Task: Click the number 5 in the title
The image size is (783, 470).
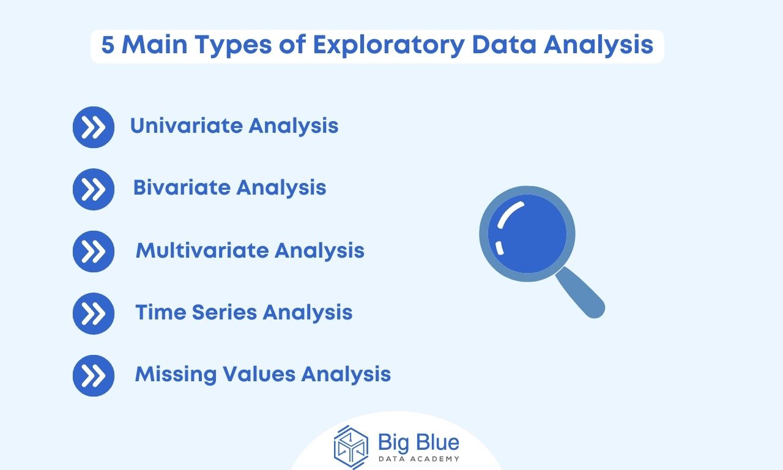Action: (x=108, y=46)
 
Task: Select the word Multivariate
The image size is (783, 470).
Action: (x=201, y=250)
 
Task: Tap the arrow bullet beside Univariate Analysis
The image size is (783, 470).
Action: (x=94, y=127)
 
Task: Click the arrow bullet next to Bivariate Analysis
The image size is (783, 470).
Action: (x=94, y=189)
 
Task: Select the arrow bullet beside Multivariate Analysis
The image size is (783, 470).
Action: (x=94, y=251)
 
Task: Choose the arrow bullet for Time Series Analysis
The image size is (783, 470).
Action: (x=94, y=313)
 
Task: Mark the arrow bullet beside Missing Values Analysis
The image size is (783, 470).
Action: (x=94, y=375)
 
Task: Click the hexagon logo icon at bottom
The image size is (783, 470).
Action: (x=351, y=447)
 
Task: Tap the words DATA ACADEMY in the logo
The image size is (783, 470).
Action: (x=418, y=459)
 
